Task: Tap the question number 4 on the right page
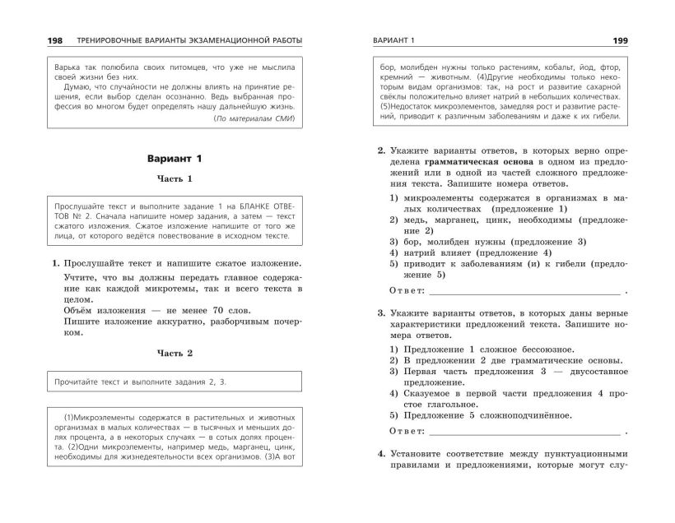380,454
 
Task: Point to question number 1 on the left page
54,264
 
